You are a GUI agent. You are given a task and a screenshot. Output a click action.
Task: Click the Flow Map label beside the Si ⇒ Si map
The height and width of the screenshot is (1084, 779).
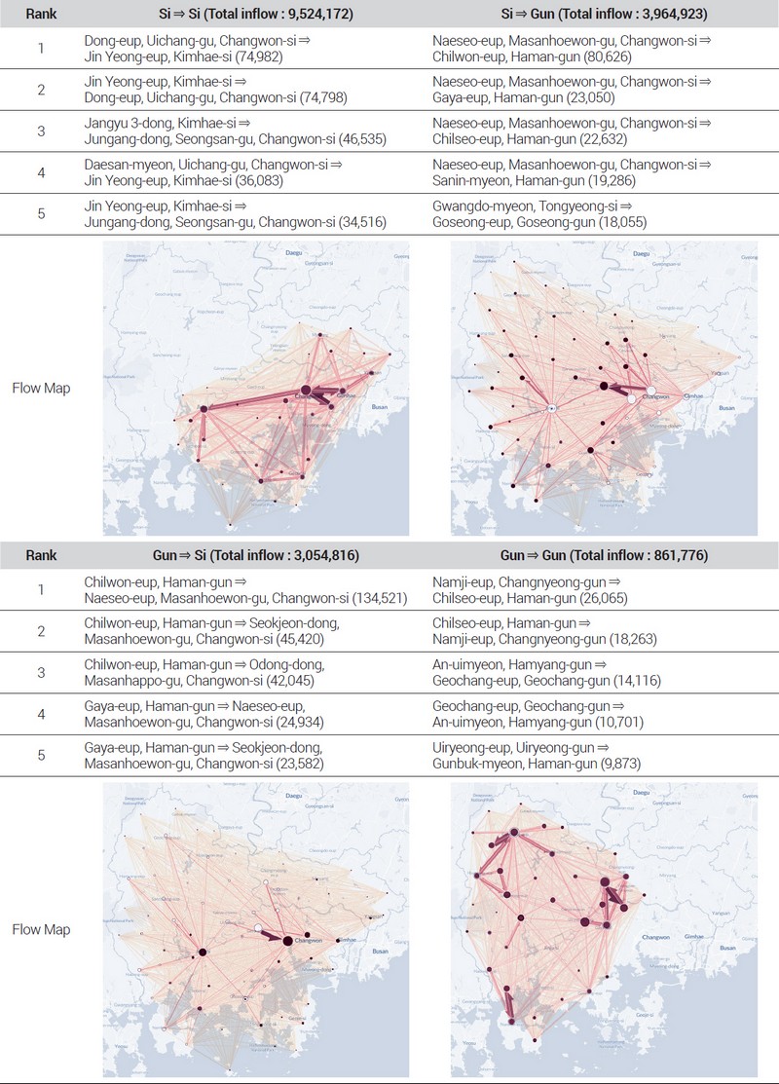pos(40,388)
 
